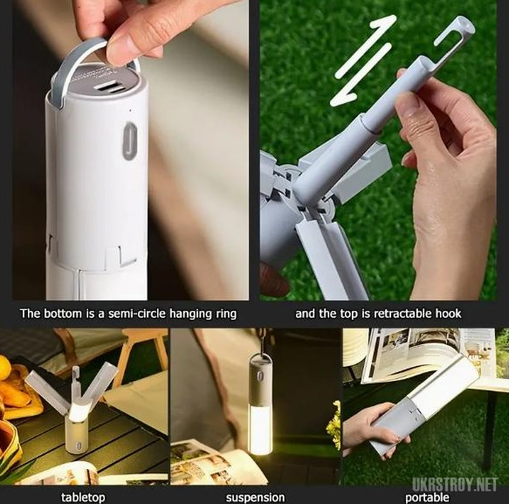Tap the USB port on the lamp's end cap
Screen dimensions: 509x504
(110, 88)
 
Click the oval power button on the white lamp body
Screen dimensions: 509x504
(130, 141)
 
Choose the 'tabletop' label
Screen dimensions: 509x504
(83, 497)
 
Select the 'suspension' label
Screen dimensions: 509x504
(255, 498)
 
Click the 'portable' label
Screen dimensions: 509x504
(427, 498)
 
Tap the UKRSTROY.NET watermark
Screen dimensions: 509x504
(455, 485)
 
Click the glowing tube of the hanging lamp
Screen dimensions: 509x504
(261, 429)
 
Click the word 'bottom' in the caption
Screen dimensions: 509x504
(63, 314)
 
